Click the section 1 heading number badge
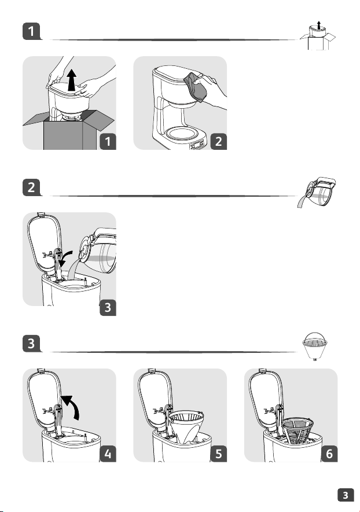coord(31,31)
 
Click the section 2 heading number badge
coord(31,187)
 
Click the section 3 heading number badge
coord(31,344)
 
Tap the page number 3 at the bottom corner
coord(346,495)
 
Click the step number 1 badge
coord(108,141)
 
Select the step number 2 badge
coord(219,141)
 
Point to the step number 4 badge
coord(108,454)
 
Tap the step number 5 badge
coord(219,454)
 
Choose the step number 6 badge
coord(329,454)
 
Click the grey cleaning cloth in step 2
coord(196,87)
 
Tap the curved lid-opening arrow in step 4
coord(72,406)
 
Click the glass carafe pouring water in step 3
coord(99,250)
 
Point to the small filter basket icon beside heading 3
coord(315,347)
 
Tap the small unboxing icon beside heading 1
coord(318,35)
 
